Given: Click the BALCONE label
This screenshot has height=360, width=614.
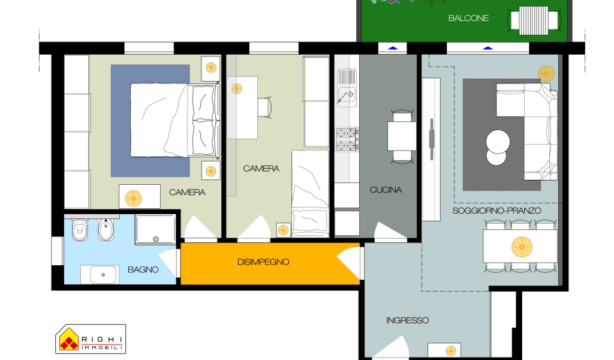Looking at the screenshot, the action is tap(468, 19).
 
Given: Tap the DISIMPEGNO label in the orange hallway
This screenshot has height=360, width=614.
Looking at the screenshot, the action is tap(263, 262).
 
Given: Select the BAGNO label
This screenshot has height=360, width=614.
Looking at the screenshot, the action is tap(143, 269).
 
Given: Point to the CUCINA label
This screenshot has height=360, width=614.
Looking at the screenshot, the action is tap(386, 190).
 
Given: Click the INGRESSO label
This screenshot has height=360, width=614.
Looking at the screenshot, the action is tap(407, 320).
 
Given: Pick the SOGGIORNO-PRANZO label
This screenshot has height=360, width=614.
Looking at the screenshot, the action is tap(497, 211).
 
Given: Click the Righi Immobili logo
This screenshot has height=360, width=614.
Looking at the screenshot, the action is tap(91, 339).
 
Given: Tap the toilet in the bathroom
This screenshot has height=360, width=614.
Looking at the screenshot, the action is tap(80, 230).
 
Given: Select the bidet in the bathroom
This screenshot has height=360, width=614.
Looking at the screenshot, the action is tap(106, 230).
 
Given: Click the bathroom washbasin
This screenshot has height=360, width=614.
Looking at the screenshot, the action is tap(103, 275).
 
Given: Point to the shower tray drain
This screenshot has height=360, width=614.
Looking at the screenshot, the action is tap(156, 239).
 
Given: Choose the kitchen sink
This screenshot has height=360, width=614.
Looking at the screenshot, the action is tap(347, 88).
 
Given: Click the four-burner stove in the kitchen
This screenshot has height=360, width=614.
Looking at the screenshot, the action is tap(347, 139).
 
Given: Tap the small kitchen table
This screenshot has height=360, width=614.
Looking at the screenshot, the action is tap(402, 136).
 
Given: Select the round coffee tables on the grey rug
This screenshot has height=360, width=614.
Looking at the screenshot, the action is tap(497, 147).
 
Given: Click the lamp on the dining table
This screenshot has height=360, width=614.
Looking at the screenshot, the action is tap(522, 247).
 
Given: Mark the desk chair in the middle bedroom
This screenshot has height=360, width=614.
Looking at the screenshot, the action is tap(264, 107).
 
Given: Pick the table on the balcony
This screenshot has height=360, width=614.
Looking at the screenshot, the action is tap(534, 20).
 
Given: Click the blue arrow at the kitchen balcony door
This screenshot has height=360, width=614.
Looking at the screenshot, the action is tap(393, 48).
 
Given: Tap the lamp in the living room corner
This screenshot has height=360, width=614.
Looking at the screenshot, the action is tap(546, 73).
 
